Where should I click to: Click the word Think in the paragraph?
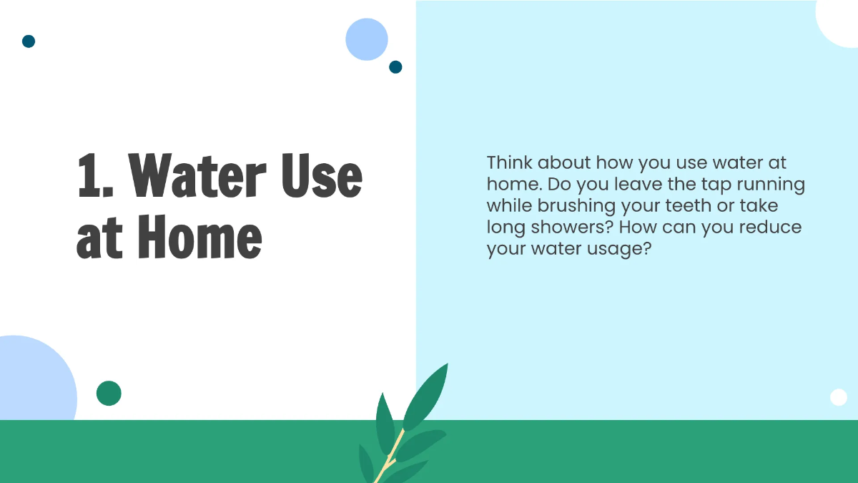(x=509, y=162)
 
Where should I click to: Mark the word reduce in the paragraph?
(x=768, y=228)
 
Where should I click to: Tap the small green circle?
(x=109, y=393)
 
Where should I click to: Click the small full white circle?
(x=838, y=397)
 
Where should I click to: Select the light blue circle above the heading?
(x=366, y=39)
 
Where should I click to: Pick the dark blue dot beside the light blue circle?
(x=395, y=67)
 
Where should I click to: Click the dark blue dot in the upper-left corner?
(x=29, y=41)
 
